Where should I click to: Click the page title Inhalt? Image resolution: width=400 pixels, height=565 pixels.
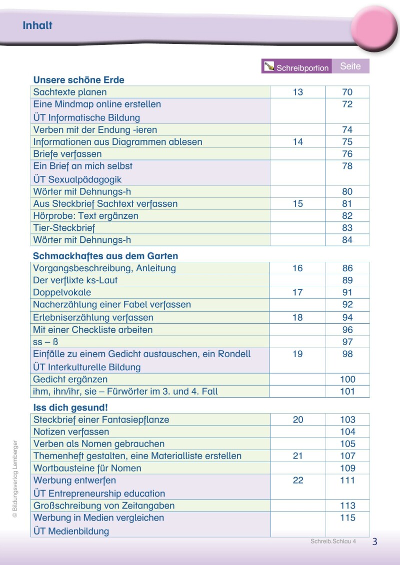37,25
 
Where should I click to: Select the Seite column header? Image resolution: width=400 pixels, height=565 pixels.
350,66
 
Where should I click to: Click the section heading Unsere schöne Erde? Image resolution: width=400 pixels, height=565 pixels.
78,80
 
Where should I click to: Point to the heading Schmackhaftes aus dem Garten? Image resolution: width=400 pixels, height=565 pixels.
105,256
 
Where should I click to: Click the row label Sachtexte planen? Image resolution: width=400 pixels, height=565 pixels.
70,92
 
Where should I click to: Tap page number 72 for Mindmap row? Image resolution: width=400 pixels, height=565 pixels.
347,104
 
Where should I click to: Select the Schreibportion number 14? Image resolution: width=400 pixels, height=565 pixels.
297,142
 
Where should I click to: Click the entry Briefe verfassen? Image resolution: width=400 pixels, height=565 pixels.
67,154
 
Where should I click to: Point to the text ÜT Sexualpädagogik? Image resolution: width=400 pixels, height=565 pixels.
77,179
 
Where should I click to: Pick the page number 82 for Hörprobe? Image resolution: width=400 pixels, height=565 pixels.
347,216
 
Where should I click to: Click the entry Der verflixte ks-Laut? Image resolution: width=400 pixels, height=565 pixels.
75,280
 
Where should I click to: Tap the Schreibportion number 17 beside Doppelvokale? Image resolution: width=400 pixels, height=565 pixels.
297,292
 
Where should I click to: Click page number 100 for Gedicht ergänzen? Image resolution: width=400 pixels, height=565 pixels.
347,379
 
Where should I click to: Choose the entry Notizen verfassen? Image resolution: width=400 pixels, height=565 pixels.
71,432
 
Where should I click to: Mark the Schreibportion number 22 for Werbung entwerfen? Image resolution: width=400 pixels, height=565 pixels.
297,481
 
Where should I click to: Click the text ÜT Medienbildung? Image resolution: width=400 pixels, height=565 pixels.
71,531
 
